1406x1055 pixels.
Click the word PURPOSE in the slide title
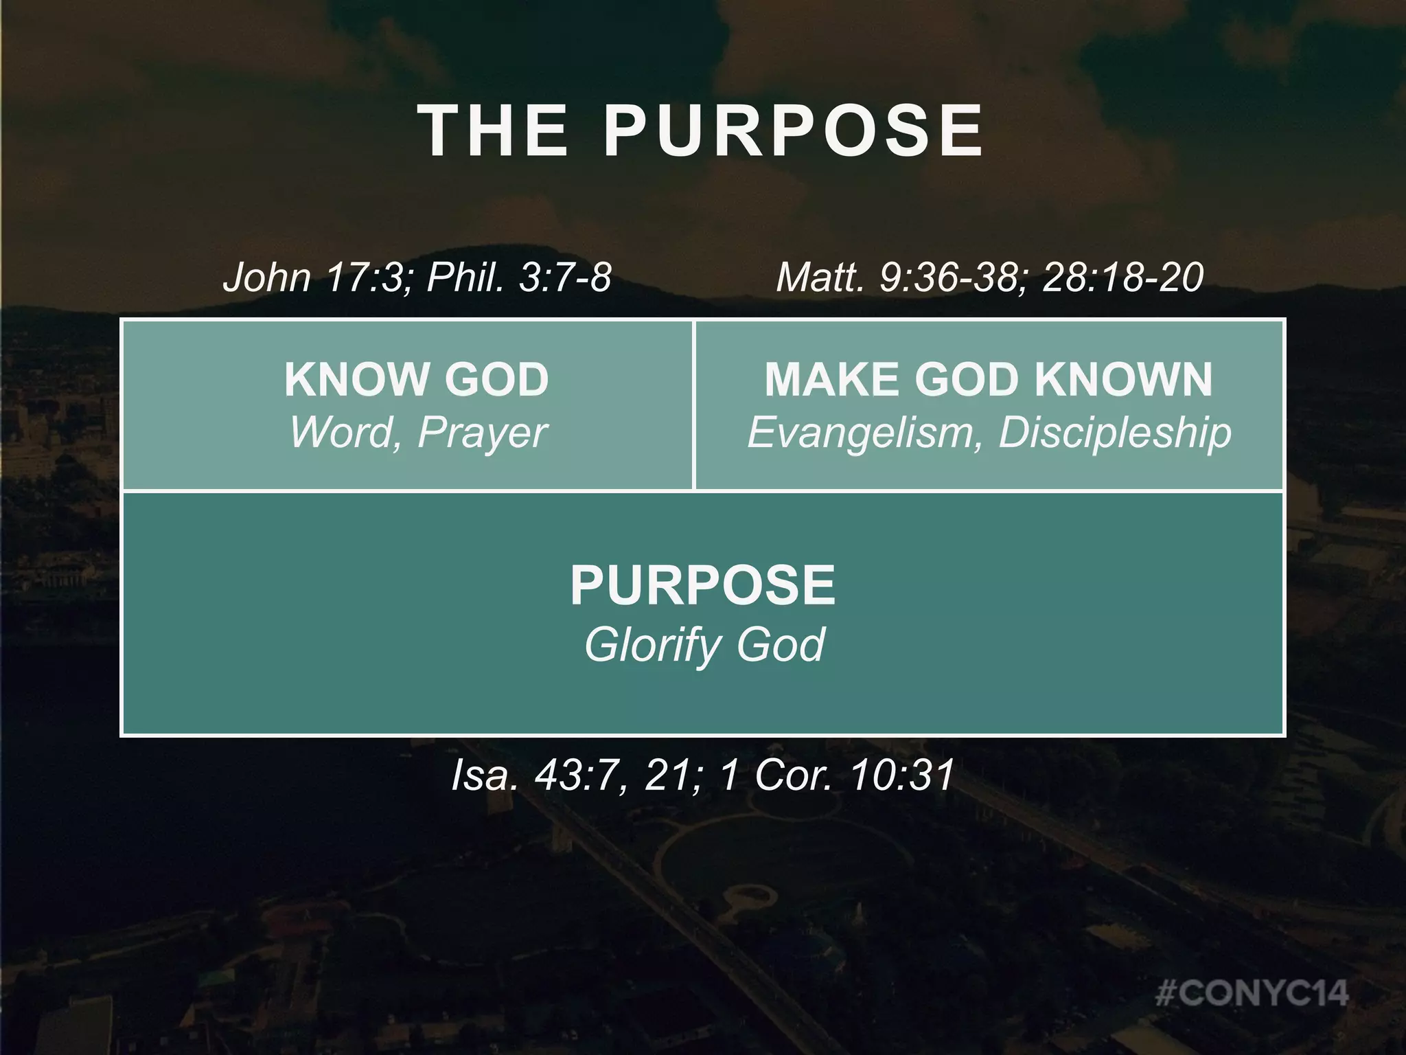(794, 131)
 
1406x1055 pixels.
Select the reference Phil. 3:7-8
(519, 277)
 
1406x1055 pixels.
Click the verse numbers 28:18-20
(1123, 277)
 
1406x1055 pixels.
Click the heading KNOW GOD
(417, 379)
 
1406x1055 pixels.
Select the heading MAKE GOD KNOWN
(989, 379)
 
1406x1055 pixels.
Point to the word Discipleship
(1115, 433)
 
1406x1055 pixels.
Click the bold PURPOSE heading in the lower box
(702, 585)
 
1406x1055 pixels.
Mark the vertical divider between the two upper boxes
(694, 405)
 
